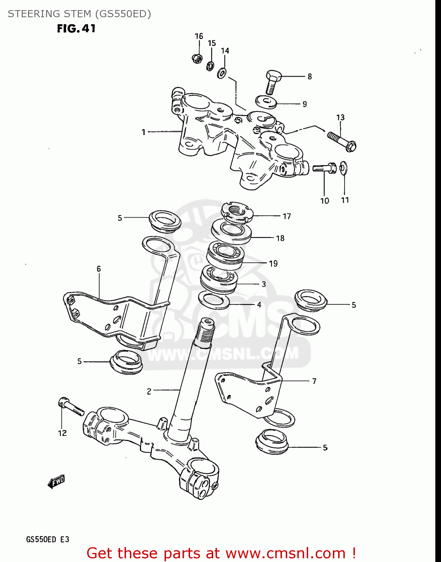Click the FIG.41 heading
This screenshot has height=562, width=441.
(x=76, y=28)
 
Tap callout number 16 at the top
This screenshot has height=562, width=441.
(x=199, y=36)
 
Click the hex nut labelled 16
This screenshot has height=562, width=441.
(x=197, y=58)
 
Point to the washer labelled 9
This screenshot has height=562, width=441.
(x=266, y=101)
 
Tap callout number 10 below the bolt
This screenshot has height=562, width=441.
(x=324, y=201)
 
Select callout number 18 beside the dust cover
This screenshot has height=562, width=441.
(x=280, y=238)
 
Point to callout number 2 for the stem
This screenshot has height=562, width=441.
(x=149, y=392)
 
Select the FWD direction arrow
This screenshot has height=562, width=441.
(x=56, y=482)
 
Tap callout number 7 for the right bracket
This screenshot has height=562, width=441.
(x=314, y=381)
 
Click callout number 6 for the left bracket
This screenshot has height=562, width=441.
(x=99, y=269)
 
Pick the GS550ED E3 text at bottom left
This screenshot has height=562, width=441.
(x=48, y=540)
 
